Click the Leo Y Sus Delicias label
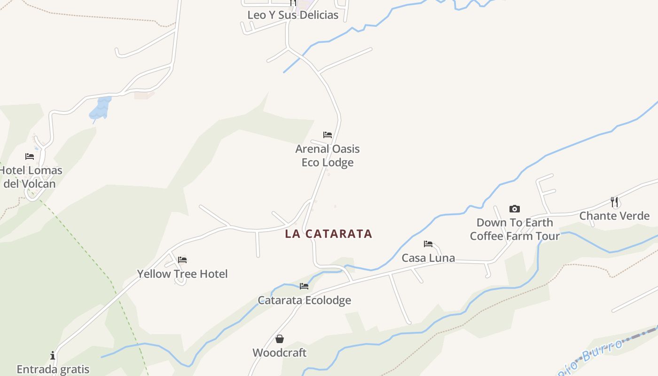click(293, 15)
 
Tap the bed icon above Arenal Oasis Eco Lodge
click(328, 135)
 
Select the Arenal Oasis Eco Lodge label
click(327, 156)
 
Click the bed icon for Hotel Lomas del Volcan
click(30, 156)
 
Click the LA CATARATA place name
click(329, 234)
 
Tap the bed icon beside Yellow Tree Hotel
click(182, 260)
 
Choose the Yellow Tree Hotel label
click(182, 274)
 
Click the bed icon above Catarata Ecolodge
click(304, 286)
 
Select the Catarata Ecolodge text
click(304, 300)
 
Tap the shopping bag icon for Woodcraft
click(280, 339)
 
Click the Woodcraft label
click(280, 352)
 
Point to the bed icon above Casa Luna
click(428, 244)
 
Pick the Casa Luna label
click(428, 258)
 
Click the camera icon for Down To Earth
click(515, 209)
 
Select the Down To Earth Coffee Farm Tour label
click(515, 229)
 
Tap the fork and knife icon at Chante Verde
click(614, 202)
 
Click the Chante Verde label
click(614, 216)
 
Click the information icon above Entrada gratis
click(53, 355)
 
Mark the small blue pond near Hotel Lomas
click(101, 108)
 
